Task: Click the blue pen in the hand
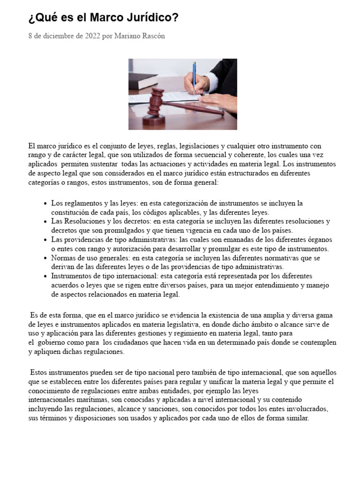pyautogui.click(x=195, y=75)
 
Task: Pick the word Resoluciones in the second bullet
pyautogui.click(x=83, y=221)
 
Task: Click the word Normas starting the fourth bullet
pyautogui.click(x=62, y=258)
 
